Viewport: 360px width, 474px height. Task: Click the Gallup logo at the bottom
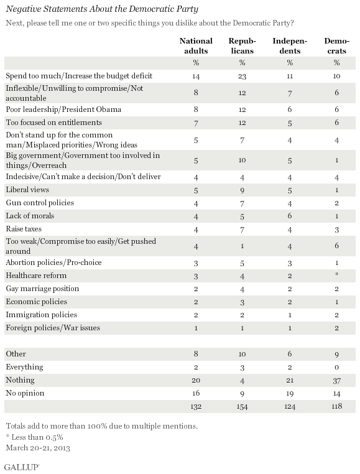pos(22,467)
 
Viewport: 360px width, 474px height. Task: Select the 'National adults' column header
pos(196,45)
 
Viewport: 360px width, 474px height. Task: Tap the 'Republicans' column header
pos(242,45)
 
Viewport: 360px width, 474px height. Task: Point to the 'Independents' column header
pos(290,45)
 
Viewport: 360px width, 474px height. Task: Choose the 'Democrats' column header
pos(337,45)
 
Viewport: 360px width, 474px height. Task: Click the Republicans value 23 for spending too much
pos(242,76)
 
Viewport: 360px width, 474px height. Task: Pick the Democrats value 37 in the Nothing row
pos(337,381)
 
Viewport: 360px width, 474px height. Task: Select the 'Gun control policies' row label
pos(40,203)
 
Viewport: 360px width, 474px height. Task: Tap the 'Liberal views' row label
pos(27,190)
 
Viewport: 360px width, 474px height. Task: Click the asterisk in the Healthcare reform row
pos(337,274)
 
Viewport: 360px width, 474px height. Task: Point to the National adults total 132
pos(196,407)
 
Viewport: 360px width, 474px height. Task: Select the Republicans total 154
pos(242,407)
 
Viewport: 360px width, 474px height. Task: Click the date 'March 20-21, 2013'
pos(38,448)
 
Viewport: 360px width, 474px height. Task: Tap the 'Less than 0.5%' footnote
pos(37,437)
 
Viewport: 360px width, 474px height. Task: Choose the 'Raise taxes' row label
pos(24,229)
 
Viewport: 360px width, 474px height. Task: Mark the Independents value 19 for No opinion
pos(290,394)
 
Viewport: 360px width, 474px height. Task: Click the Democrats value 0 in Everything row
pos(337,368)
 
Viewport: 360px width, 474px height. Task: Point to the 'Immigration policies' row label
pos(42,315)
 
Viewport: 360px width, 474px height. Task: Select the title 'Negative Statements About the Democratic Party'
pos(102,9)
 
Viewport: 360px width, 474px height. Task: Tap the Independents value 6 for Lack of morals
pos(290,216)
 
